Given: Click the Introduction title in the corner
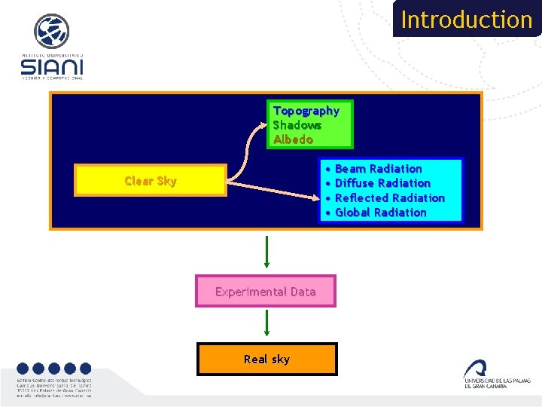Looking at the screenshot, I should click(x=466, y=19).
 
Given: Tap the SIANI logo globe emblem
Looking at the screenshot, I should click(x=51, y=32).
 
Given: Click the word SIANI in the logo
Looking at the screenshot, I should click(x=52, y=68).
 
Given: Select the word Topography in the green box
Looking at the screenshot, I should click(x=306, y=111).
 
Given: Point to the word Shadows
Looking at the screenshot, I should click(x=297, y=125).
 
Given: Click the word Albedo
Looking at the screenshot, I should click(x=292, y=139).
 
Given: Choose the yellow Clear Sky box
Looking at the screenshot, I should click(x=151, y=181).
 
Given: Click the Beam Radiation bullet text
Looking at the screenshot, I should click(x=378, y=169).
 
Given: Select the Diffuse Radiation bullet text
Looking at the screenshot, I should click(x=382, y=183).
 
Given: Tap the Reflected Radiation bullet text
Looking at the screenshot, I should click(x=389, y=197).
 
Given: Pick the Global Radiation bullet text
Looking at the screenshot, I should click(x=380, y=213).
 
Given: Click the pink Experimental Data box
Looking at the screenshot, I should click(x=266, y=292).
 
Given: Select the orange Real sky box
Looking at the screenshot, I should click(x=266, y=360).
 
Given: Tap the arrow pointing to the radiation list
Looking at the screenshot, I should click(x=279, y=190).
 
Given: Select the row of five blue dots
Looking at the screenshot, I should click(x=53, y=369).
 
